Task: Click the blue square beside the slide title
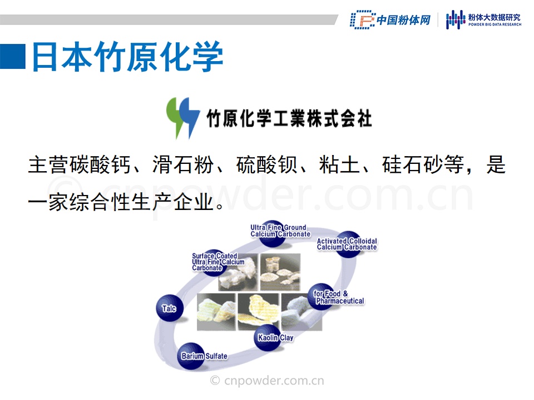point(13,57)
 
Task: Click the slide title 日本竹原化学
point(127,57)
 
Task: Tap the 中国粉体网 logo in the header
point(390,20)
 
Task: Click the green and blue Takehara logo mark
point(183,118)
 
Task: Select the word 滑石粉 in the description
point(183,164)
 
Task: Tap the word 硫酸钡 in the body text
point(266,164)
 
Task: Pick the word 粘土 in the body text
point(339,164)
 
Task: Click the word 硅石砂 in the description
point(412,164)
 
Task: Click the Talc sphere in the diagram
point(170,308)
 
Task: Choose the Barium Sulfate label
point(204,356)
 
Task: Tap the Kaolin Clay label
point(275,337)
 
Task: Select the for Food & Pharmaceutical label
point(339,297)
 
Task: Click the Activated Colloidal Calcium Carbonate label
point(347,244)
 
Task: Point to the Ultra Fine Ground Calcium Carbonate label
point(280,231)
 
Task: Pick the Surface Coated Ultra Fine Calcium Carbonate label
point(218,262)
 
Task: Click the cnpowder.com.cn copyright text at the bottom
point(267,380)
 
